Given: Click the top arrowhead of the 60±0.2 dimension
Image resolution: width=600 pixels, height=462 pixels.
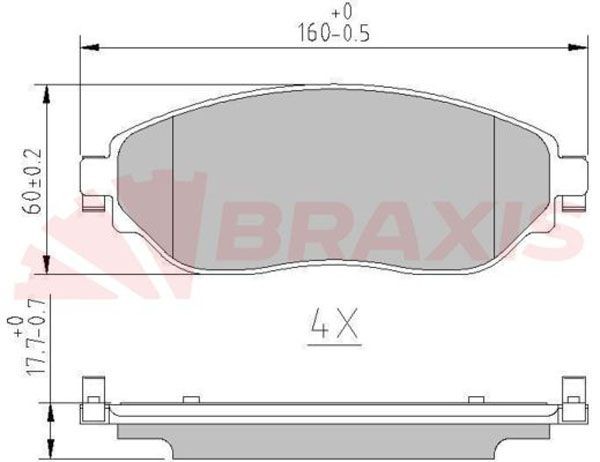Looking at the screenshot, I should point(48,89).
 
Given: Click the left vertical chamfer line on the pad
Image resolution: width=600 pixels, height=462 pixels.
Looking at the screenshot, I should point(174,185).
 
